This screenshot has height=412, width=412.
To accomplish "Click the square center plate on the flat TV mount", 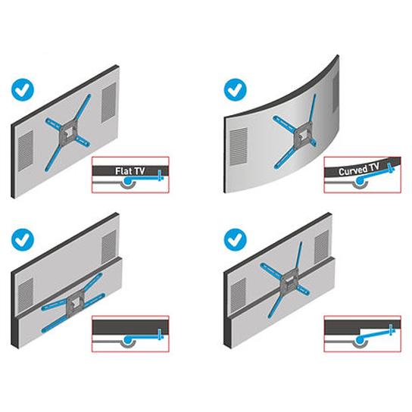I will point(70,130).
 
